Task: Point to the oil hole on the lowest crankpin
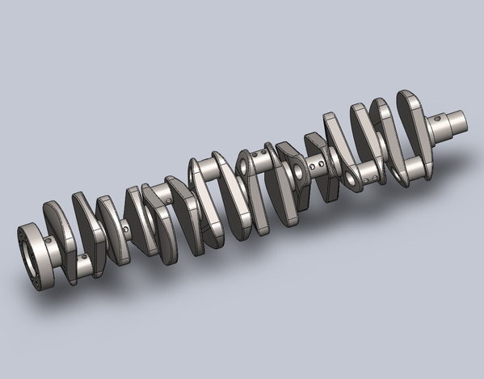(82, 258)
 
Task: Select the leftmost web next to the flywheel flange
(58, 234)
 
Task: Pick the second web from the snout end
(386, 133)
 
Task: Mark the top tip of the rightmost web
(406, 95)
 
